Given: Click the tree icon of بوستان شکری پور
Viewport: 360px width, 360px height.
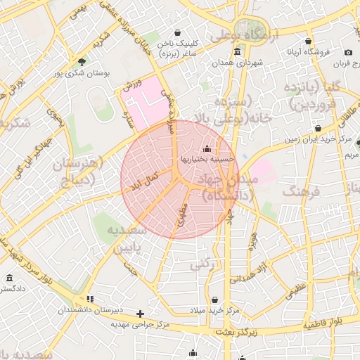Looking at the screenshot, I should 82,63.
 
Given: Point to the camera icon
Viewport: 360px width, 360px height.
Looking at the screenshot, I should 348,53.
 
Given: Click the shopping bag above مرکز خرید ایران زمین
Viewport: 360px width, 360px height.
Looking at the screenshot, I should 319,129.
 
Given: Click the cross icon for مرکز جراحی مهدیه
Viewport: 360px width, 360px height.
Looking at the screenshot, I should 141,314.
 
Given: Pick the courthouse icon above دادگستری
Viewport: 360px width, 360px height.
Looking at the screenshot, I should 9,278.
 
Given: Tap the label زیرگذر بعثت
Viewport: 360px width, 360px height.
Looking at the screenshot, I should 237,331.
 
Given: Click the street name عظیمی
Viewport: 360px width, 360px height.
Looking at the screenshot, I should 296,288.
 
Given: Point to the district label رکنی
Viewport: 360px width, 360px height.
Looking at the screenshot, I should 204,264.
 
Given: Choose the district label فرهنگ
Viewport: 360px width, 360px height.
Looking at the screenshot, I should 301,191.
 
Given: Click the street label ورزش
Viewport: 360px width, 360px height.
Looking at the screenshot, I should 133,85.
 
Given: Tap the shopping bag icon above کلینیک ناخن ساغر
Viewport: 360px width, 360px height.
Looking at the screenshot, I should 176,32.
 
